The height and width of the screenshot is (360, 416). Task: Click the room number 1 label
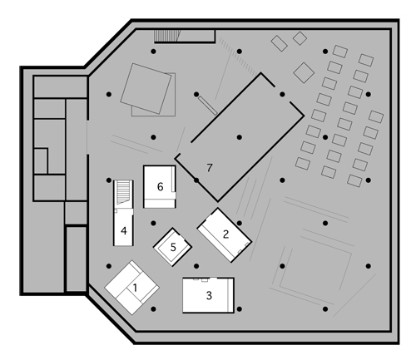(x=135, y=288)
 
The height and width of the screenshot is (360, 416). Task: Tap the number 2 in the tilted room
(x=226, y=234)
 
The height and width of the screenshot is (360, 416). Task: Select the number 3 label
(x=209, y=296)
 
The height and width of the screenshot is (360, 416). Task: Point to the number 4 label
(x=124, y=231)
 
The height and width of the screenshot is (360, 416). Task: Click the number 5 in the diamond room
(x=173, y=247)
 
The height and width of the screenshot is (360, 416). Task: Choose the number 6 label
(x=160, y=187)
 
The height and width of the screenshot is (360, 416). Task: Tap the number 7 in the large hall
(x=210, y=168)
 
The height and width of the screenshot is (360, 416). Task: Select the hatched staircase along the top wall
(x=167, y=36)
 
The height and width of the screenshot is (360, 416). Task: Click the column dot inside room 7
(x=240, y=137)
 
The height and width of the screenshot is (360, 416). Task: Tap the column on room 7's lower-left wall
(x=196, y=180)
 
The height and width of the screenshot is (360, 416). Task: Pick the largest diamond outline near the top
(x=304, y=72)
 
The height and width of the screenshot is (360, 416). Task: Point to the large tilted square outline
(x=146, y=88)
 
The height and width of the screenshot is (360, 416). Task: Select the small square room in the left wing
(x=41, y=161)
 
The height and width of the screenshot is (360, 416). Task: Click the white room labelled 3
(x=208, y=295)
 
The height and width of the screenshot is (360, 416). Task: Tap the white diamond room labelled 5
(x=172, y=247)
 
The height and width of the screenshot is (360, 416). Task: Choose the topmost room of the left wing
(x=60, y=86)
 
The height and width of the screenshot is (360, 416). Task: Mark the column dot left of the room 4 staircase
(x=109, y=180)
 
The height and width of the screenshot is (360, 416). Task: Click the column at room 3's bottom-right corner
(x=240, y=309)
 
